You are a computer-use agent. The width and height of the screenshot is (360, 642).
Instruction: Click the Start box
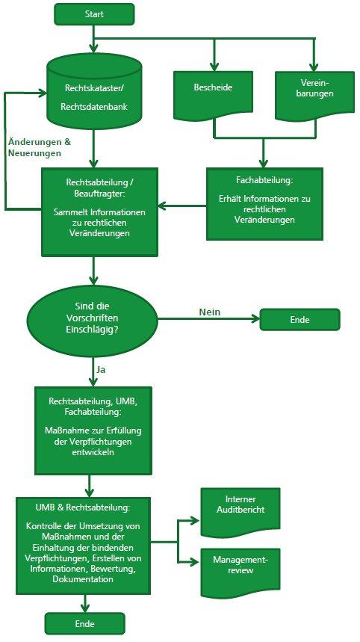pyautogui.click(x=94, y=14)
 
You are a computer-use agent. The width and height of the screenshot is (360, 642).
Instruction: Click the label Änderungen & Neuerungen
pyautogui.click(x=40, y=148)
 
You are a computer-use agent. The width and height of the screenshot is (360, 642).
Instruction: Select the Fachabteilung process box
pyautogui.click(x=264, y=203)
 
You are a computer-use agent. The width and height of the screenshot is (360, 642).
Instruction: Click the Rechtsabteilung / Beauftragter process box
pyautogui.click(x=99, y=212)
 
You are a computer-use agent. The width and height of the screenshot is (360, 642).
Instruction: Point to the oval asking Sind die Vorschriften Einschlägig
pyautogui.click(x=92, y=318)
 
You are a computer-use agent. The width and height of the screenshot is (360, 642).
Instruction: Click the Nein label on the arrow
pyautogui.click(x=210, y=312)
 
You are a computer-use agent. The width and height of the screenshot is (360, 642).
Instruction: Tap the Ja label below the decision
pyautogui.click(x=101, y=369)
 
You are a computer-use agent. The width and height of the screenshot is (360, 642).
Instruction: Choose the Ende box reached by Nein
pyautogui.click(x=300, y=320)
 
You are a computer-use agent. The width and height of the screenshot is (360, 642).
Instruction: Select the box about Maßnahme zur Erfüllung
pyautogui.click(x=93, y=430)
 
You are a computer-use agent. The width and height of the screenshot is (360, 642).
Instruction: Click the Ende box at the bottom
pyautogui.click(x=84, y=623)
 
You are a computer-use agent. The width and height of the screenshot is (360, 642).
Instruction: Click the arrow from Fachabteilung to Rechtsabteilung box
pyautogui.click(x=182, y=206)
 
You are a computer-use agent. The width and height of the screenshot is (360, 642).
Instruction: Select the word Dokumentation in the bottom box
pyautogui.click(x=83, y=579)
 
